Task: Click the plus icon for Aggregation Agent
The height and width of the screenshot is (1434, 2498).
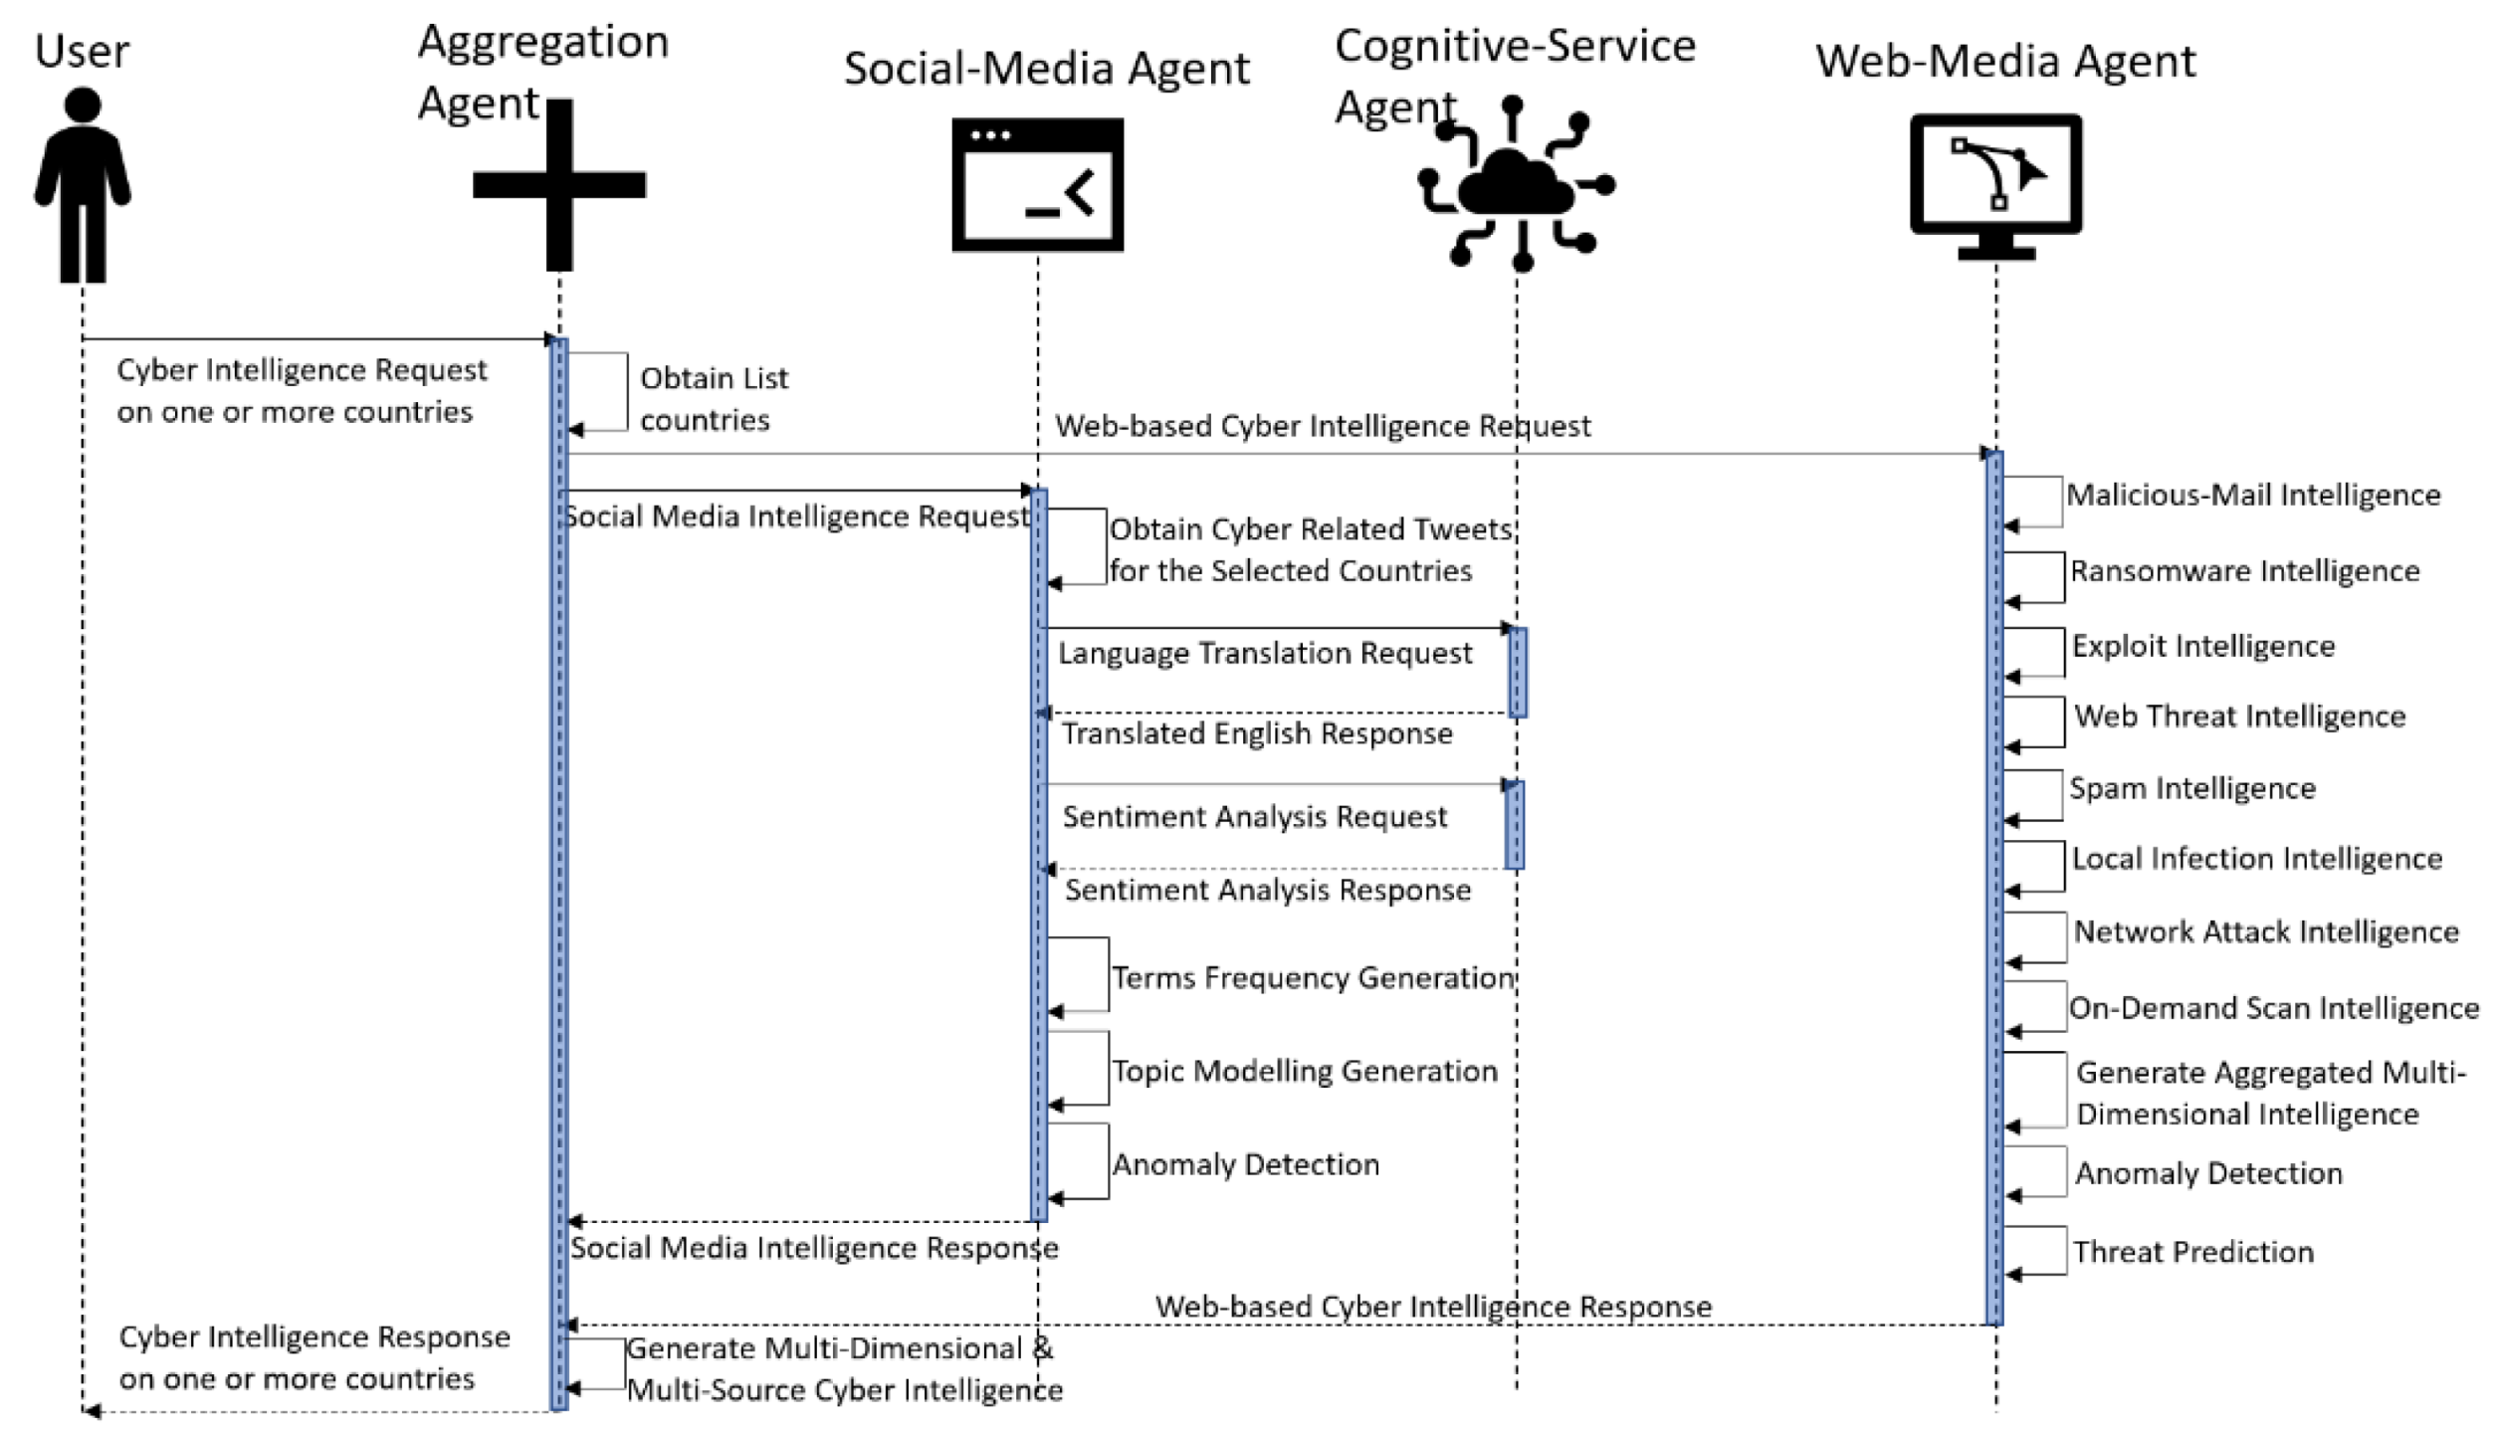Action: point(559,185)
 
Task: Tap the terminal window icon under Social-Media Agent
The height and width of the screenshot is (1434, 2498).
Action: point(1037,185)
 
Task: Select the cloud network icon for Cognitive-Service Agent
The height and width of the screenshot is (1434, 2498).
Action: point(1515,185)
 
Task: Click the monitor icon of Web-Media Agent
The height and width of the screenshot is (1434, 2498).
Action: point(1995,185)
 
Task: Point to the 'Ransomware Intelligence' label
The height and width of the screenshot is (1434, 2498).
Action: point(2244,571)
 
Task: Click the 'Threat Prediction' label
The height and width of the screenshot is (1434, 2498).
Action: point(2193,1252)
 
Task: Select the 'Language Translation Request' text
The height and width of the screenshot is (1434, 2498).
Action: point(1264,654)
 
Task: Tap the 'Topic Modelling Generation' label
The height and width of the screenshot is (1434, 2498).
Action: point(1304,1072)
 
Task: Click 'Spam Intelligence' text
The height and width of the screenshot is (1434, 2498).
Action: point(2192,789)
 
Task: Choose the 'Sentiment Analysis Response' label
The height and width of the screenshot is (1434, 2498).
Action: point(1267,891)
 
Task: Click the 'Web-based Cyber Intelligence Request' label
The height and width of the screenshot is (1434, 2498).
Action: point(1323,427)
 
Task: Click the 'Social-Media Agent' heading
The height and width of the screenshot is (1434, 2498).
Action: point(1046,69)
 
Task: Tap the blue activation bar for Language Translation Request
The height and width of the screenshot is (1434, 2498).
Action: point(1518,673)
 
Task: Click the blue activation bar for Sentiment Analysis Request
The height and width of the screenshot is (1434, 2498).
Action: point(1515,826)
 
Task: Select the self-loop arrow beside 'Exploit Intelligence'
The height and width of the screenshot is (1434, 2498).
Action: point(2036,653)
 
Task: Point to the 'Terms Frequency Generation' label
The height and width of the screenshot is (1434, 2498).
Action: point(1313,978)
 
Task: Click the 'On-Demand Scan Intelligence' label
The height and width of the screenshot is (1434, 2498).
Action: point(2274,1009)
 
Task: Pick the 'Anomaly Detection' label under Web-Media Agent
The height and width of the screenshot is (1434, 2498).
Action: point(2207,1174)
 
